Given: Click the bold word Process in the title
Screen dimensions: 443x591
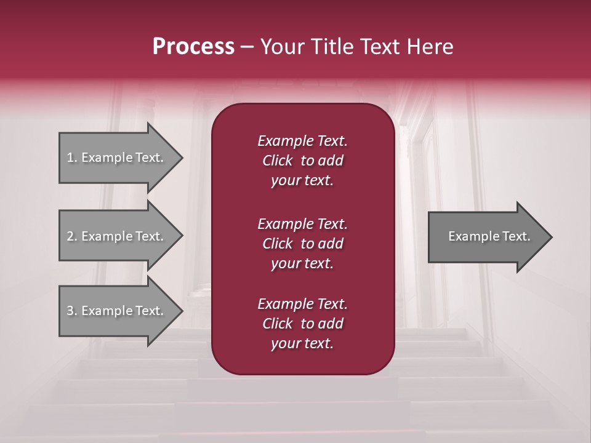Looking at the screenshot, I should [193, 47].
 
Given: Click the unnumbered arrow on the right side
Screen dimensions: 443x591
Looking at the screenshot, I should [489, 236].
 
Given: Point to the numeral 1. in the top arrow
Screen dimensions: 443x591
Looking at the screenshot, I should [72, 158].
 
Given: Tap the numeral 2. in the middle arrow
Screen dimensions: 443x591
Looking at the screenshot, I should [72, 236].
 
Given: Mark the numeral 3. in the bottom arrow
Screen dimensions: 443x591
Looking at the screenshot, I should [72, 311].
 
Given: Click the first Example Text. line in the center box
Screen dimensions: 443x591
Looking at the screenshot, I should [302, 141].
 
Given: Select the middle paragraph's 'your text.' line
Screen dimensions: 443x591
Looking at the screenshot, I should [302, 263].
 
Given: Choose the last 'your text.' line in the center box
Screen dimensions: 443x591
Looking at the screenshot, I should [302, 344].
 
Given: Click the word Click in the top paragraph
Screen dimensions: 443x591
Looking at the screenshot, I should [277, 161].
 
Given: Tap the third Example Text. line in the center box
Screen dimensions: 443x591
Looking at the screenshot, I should [302, 304].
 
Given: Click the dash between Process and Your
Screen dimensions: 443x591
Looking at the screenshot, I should [247, 47].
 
